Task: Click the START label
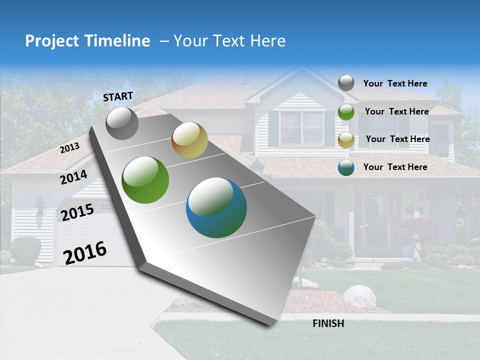pyautogui.click(x=118, y=96)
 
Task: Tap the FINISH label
pyautogui.click(x=328, y=323)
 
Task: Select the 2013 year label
pyautogui.click(x=69, y=148)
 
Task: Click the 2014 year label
pyautogui.click(x=73, y=177)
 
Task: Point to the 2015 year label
pyautogui.click(x=77, y=213)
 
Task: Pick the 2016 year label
pyautogui.click(x=85, y=253)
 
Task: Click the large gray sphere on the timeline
pyautogui.click(x=122, y=123)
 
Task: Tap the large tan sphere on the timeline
pyautogui.click(x=189, y=140)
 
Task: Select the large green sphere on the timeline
pyautogui.click(x=145, y=180)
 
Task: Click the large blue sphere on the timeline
pyautogui.click(x=216, y=207)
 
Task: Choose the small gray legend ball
pyautogui.click(x=346, y=83)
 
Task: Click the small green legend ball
pyautogui.click(x=346, y=112)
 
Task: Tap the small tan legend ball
pyautogui.click(x=346, y=140)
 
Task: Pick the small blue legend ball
pyautogui.click(x=346, y=167)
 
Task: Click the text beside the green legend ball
pyautogui.click(x=396, y=111)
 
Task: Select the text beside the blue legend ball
pyautogui.click(x=395, y=167)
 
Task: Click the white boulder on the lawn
pyautogui.click(x=359, y=296)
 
